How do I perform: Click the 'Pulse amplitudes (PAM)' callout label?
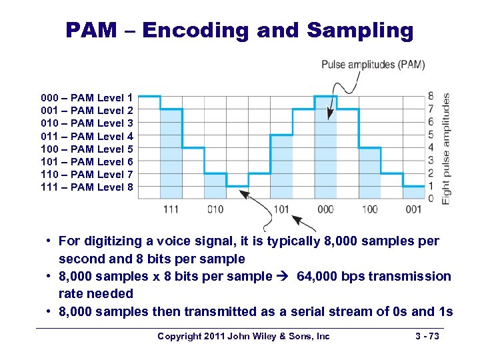click(373, 65)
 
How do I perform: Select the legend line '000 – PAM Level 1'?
click(87, 97)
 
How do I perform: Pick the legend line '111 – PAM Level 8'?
click(87, 187)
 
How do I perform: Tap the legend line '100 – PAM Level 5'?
click(87, 149)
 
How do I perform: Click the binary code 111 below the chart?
click(171, 209)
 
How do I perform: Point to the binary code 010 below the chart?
click(215, 209)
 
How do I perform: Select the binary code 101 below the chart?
click(281, 209)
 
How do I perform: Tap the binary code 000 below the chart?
click(325, 209)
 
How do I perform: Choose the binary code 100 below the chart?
click(369, 209)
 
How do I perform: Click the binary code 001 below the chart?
click(413, 209)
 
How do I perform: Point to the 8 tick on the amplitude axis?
click(431, 96)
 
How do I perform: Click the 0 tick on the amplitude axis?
click(431, 199)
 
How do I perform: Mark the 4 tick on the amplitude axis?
click(431, 147)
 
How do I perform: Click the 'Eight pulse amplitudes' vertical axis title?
click(445, 147)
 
